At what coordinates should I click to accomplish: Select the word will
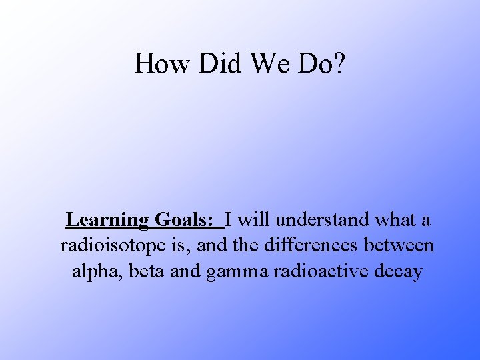tap(253, 219)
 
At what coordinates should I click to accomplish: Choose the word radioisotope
tap(112, 246)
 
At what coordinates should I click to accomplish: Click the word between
tap(399, 245)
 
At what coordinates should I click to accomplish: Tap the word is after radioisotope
tap(177, 245)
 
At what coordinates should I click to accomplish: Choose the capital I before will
tap(229, 219)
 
